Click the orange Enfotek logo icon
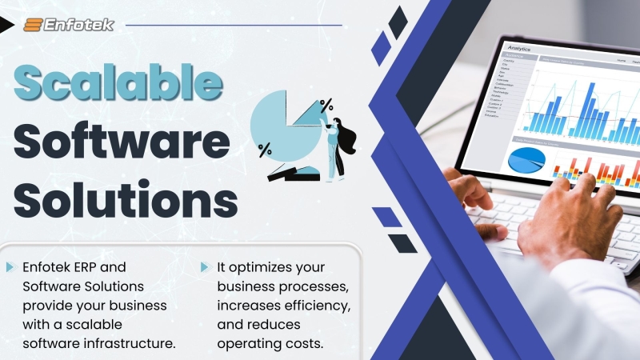34,25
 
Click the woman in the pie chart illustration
337,146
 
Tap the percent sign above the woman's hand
326,104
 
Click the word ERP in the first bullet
110,266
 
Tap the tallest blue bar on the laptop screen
590,104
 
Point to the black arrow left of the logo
6,25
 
